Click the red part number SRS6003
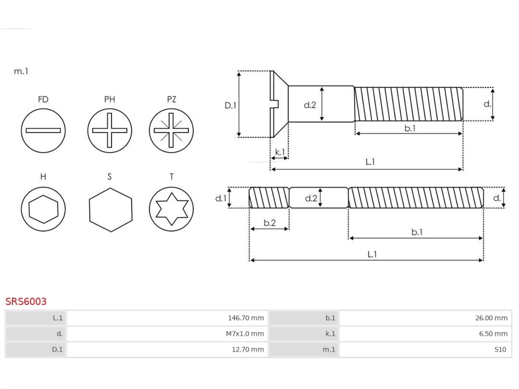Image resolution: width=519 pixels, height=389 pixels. (26, 301)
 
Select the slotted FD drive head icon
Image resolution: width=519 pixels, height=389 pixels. (43, 130)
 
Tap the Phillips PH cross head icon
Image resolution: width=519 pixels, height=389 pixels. (109, 130)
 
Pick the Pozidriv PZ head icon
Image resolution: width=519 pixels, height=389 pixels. (171, 130)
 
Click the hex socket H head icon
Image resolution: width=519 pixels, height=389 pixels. (43, 209)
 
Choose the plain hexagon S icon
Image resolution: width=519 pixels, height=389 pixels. (111, 210)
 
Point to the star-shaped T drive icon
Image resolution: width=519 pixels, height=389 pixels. (171, 209)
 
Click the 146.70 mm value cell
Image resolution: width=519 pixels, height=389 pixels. (246, 318)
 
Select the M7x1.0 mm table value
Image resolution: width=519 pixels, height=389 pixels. (245, 334)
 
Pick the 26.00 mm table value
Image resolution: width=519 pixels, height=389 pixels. (491, 318)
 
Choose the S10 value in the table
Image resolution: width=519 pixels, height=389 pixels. (500, 350)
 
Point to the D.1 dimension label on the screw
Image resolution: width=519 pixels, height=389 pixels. (230, 105)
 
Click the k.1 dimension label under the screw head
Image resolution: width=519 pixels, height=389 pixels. (280, 152)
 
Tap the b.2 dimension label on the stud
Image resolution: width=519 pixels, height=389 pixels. (270, 223)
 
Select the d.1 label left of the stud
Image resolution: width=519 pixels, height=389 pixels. (221, 198)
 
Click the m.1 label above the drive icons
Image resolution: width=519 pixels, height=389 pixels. (21, 71)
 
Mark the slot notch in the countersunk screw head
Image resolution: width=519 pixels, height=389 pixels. (275, 104)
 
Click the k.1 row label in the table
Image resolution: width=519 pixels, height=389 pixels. (330, 334)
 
